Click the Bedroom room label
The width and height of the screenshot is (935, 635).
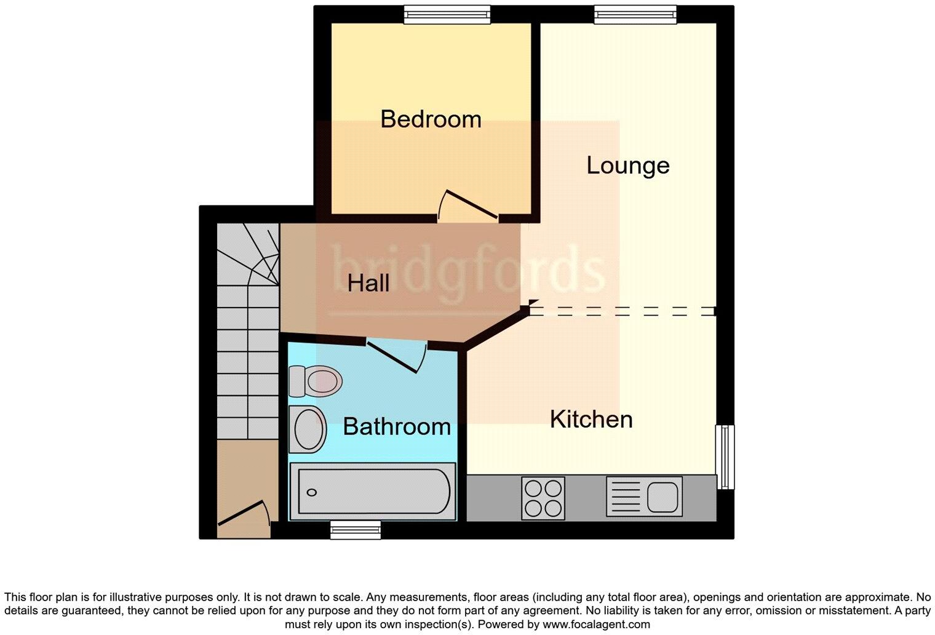[x=431, y=119]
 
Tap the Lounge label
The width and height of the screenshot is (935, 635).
[x=627, y=165]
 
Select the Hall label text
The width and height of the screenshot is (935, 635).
[x=368, y=283]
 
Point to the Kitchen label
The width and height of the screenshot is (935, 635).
[x=591, y=419]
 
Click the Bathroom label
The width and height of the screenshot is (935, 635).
[x=397, y=426]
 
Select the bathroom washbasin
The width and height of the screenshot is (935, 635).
[x=308, y=429]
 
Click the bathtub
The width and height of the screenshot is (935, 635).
[x=373, y=491]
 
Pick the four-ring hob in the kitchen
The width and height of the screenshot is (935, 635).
[x=543, y=498]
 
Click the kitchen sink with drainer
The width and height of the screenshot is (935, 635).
[x=644, y=496]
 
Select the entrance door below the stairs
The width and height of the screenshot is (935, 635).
[x=243, y=513]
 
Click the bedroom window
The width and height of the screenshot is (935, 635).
[x=447, y=15]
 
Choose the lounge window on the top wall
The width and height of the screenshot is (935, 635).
[x=635, y=15]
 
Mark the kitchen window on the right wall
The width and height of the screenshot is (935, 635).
[x=726, y=457]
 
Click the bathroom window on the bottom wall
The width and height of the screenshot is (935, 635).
[x=356, y=529]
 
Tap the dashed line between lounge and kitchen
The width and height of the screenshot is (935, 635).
[x=621, y=311]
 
